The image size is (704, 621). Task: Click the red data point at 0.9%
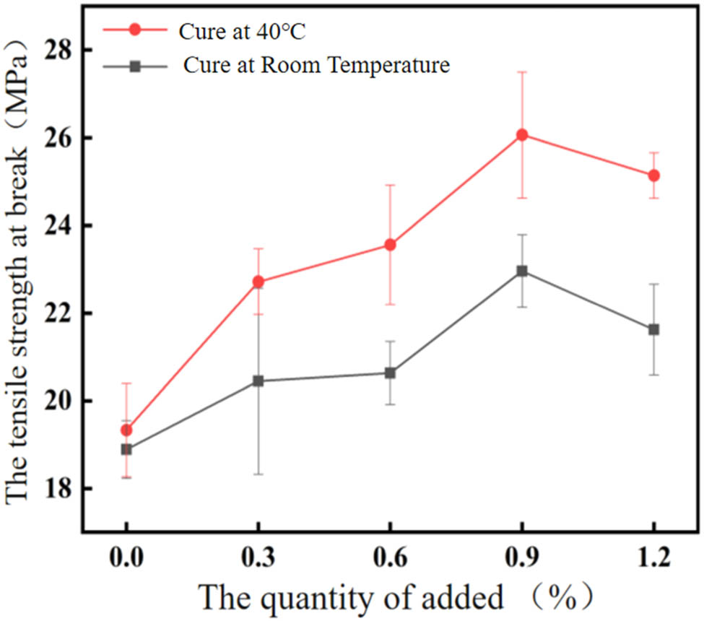click(x=522, y=135)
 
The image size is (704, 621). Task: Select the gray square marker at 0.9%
click(x=522, y=272)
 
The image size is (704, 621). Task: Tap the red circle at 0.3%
click(x=258, y=282)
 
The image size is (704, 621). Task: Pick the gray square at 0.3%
click(x=258, y=381)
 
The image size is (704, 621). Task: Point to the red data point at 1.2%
click(x=653, y=175)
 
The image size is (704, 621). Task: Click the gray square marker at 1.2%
click(x=653, y=329)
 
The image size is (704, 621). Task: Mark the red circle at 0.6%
click(x=390, y=245)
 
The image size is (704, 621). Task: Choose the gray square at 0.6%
click(x=390, y=373)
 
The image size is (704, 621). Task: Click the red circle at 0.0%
click(x=126, y=430)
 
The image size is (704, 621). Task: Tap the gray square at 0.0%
click(x=126, y=449)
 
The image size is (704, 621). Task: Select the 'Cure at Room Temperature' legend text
click(x=317, y=66)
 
